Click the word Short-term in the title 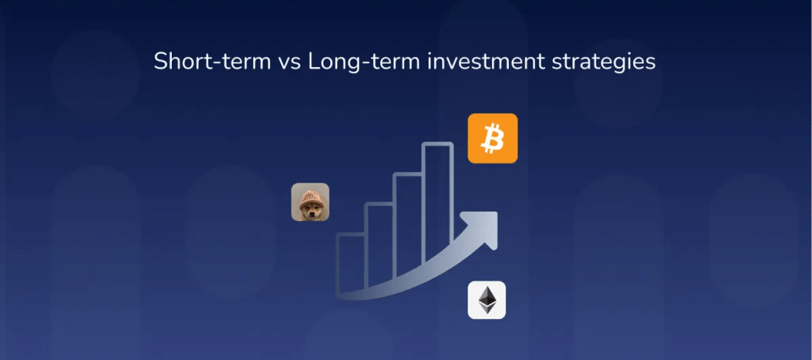click(x=213, y=62)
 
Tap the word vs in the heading click(x=289, y=64)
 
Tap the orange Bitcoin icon click(x=493, y=138)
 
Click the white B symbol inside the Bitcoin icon click(x=493, y=139)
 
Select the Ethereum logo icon click(x=487, y=300)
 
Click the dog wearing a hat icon click(x=310, y=202)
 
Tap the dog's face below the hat click(x=311, y=211)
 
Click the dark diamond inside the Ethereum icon click(x=487, y=300)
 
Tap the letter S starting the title click(x=161, y=62)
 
